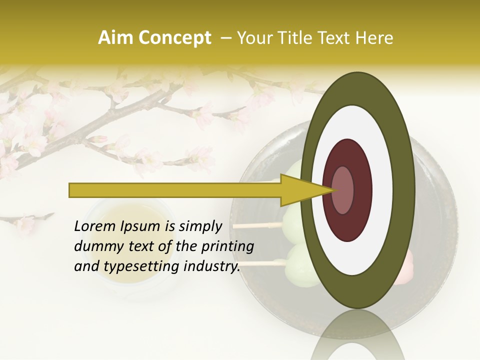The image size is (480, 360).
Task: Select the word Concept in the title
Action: pyautogui.click(x=174, y=38)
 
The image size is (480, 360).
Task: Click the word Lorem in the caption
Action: pyautogui.click(x=95, y=226)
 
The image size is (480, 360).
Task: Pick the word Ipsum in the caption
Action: pyautogui.click(x=140, y=226)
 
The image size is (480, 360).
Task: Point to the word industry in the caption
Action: pyautogui.click(x=212, y=266)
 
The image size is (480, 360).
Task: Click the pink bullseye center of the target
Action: pyautogui.click(x=342, y=190)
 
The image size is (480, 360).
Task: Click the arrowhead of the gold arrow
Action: pyautogui.click(x=300, y=190)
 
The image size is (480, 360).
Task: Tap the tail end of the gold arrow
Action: pyautogui.click(x=73, y=190)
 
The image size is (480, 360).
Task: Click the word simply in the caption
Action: pyautogui.click(x=200, y=226)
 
